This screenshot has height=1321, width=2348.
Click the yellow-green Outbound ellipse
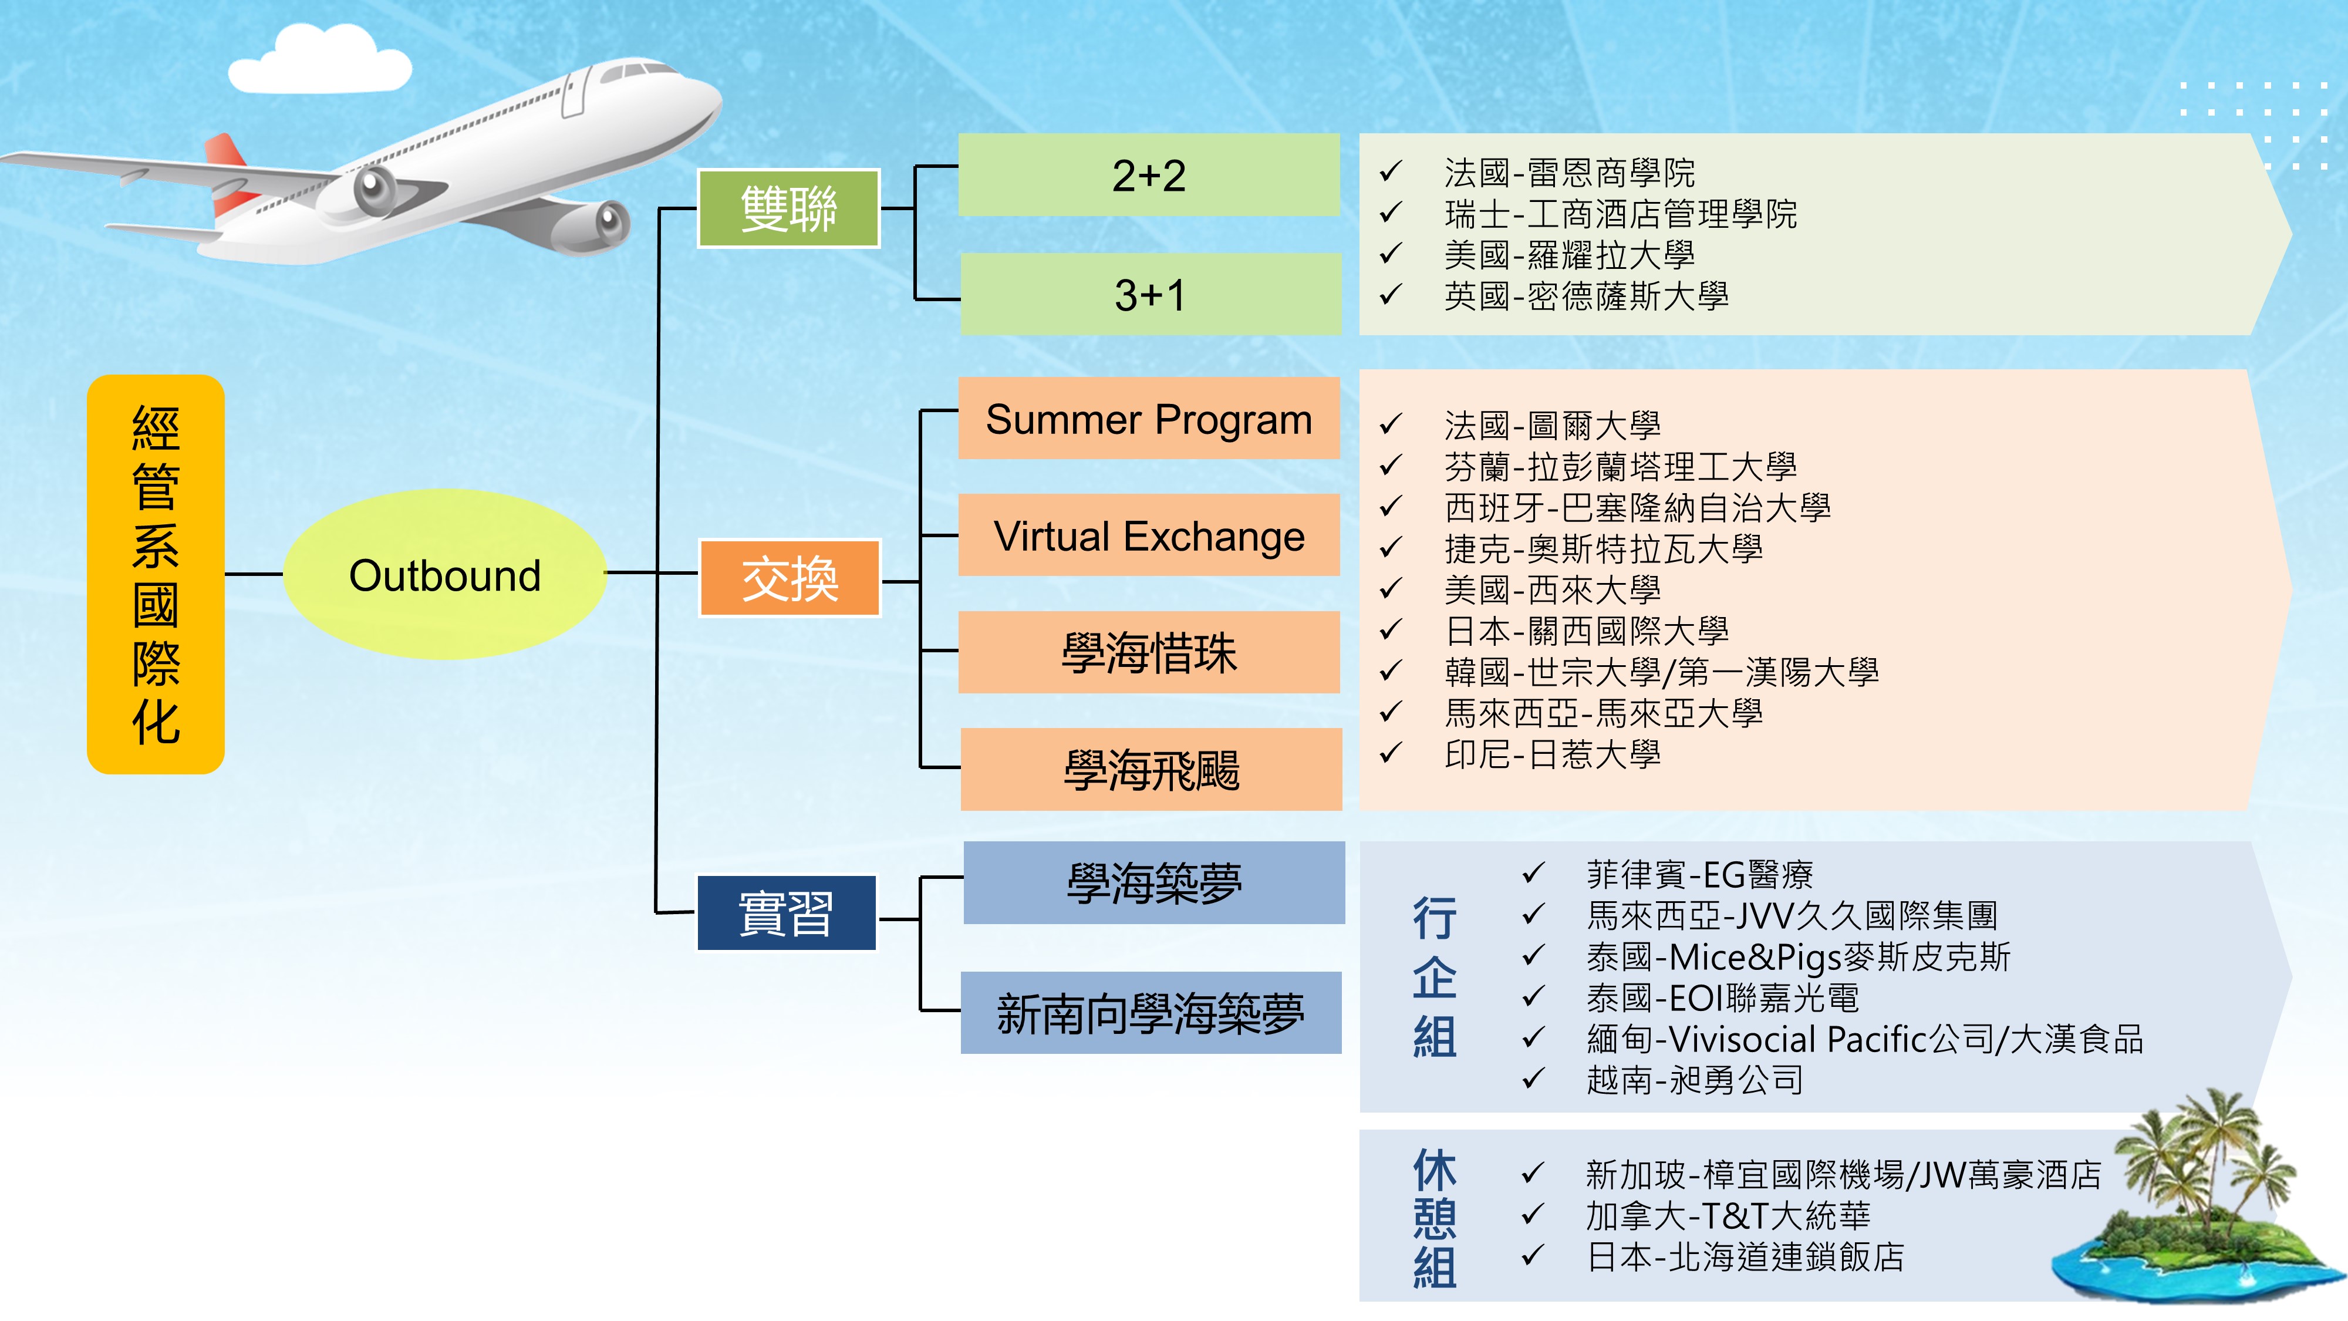click(x=445, y=574)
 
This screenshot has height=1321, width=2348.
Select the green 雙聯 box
click(x=788, y=208)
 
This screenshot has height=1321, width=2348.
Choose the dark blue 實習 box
click(x=787, y=912)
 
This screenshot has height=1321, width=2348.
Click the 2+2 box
click(x=1149, y=175)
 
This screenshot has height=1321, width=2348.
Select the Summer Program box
click(x=1149, y=419)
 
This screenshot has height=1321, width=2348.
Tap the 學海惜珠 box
click(x=1149, y=653)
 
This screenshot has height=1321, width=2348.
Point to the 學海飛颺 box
click(x=1151, y=770)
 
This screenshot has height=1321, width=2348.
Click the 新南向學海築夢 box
click(x=1151, y=1013)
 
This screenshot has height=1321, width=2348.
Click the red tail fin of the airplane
click(x=228, y=173)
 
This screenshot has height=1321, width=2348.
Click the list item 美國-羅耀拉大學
click(x=1568, y=254)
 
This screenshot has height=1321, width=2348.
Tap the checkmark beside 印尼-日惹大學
click(x=1390, y=753)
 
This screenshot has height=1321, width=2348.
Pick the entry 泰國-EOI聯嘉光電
click(x=1722, y=998)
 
